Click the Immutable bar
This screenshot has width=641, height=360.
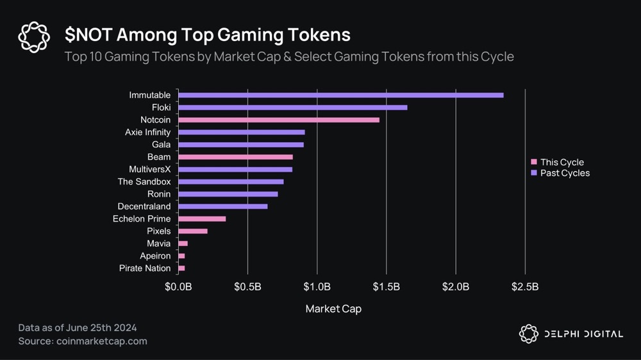(x=340, y=95)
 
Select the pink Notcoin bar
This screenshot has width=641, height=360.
(x=278, y=120)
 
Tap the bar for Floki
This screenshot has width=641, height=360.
(x=292, y=108)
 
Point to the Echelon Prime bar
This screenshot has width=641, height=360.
(x=202, y=219)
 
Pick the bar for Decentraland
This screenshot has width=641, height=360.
(x=222, y=206)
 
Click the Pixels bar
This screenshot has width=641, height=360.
(x=192, y=231)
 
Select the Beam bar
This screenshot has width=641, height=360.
(x=235, y=157)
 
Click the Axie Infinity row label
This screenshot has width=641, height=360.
(x=148, y=133)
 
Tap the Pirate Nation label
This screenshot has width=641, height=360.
(x=145, y=268)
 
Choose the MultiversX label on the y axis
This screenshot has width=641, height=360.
(x=150, y=170)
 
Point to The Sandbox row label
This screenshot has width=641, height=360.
(x=144, y=182)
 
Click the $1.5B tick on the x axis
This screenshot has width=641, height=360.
(x=387, y=286)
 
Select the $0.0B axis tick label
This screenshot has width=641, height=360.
(x=178, y=286)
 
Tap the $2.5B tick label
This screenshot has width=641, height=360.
(x=525, y=286)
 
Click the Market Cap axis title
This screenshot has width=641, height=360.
(x=333, y=309)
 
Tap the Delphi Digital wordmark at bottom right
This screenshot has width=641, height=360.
(x=579, y=334)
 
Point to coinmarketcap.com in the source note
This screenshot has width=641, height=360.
(x=101, y=341)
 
